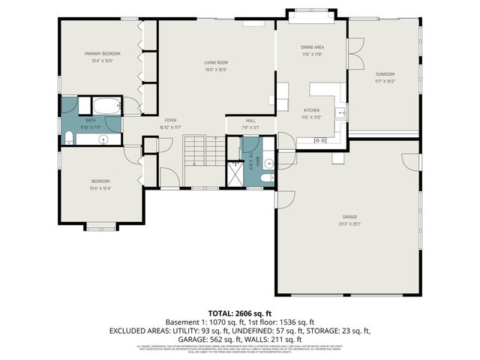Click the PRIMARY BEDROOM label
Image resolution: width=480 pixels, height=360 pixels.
pyautogui.click(x=103, y=54)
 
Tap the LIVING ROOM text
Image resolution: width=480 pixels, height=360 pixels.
pyautogui.click(x=216, y=62)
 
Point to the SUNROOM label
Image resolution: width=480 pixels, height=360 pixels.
pyautogui.click(x=385, y=73)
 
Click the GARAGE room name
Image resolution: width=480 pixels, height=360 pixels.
pyautogui.click(x=349, y=217)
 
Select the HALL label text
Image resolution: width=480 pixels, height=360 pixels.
pyautogui.click(x=251, y=120)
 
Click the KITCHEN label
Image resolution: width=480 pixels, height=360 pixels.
pyautogui.click(x=312, y=110)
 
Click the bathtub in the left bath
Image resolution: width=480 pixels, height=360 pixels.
pyautogui.click(x=104, y=106)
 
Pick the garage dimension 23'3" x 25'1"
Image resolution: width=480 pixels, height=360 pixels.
pyautogui.click(x=349, y=223)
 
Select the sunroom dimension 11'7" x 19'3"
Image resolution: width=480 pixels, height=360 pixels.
pyautogui.click(x=385, y=81)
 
